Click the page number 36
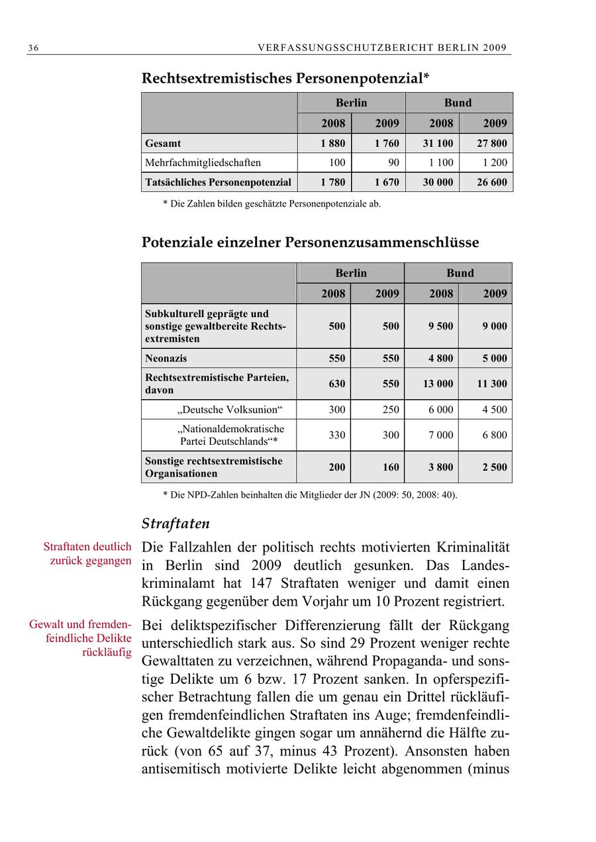(x=33, y=48)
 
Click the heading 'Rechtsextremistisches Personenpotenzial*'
(x=285, y=79)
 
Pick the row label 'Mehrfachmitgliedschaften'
(x=203, y=162)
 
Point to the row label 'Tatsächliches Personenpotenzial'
(x=218, y=182)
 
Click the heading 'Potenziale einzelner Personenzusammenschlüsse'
(x=310, y=242)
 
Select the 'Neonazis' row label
(x=166, y=358)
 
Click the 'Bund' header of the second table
(x=460, y=273)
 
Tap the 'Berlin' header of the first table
(x=351, y=103)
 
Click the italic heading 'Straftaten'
(x=175, y=524)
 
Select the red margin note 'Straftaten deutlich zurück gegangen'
(x=87, y=554)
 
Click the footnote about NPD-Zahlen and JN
(x=310, y=494)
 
